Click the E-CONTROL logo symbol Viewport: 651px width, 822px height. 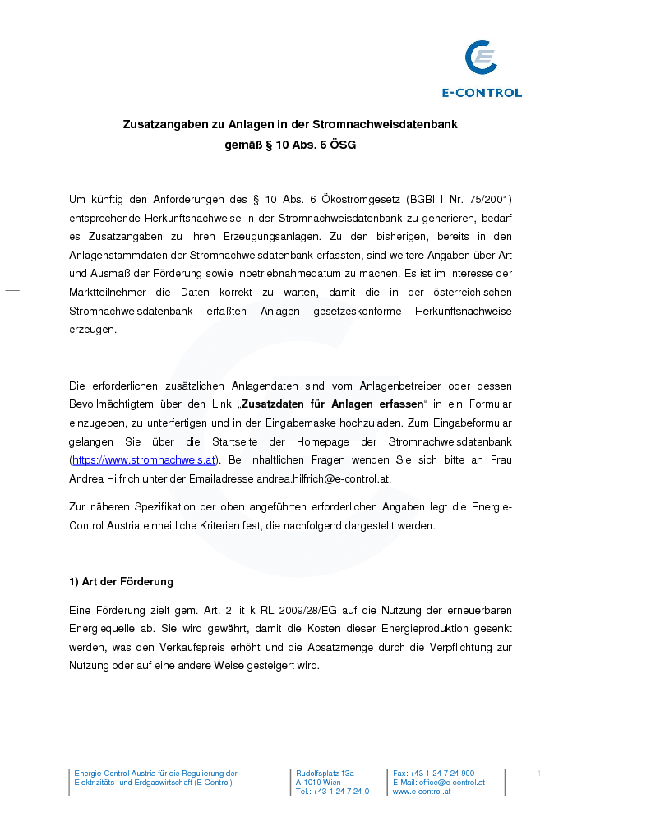(481, 59)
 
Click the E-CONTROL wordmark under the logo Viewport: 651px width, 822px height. (482, 93)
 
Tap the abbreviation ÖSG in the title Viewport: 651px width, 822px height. (343, 145)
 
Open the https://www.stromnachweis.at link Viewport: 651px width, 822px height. (144, 460)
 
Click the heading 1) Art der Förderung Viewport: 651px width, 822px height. (121, 581)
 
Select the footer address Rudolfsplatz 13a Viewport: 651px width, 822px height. (325, 774)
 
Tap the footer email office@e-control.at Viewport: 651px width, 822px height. (452, 783)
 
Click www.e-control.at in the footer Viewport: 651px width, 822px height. (422, 792)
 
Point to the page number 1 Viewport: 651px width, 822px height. (538, 774)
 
